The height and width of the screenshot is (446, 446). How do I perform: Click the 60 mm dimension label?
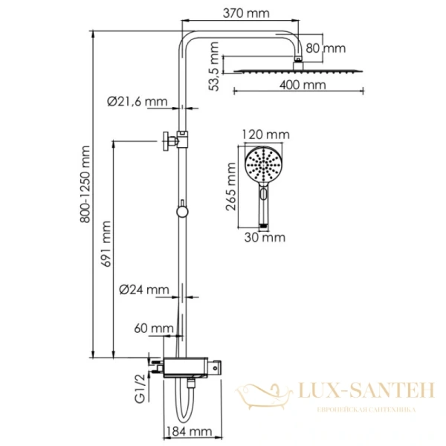149,328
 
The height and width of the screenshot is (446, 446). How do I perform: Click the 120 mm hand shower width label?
265,135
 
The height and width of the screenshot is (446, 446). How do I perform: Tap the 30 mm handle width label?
265,238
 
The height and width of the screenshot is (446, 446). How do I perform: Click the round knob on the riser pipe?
181,213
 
